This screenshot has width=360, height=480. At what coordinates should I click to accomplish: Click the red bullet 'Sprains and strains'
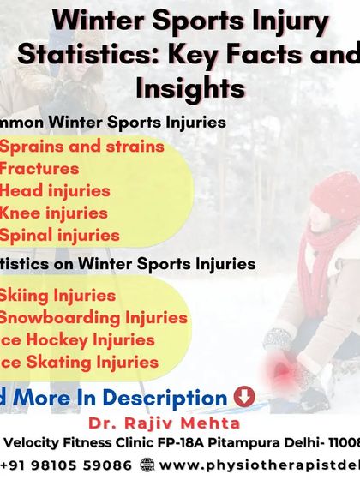(81, 146)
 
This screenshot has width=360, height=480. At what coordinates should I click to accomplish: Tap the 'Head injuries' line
(55, 190)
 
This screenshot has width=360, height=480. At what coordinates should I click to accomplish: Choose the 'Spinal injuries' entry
(59, 235)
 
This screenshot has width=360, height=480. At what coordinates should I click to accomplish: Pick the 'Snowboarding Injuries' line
(93, 318)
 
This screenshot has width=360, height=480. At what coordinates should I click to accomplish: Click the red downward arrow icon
(243, 398)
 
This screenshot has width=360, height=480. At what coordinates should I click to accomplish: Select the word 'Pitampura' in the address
(243, 442)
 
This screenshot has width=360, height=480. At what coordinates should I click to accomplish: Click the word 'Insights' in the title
(189, 88)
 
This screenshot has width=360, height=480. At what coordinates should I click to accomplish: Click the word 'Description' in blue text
(177, 398)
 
